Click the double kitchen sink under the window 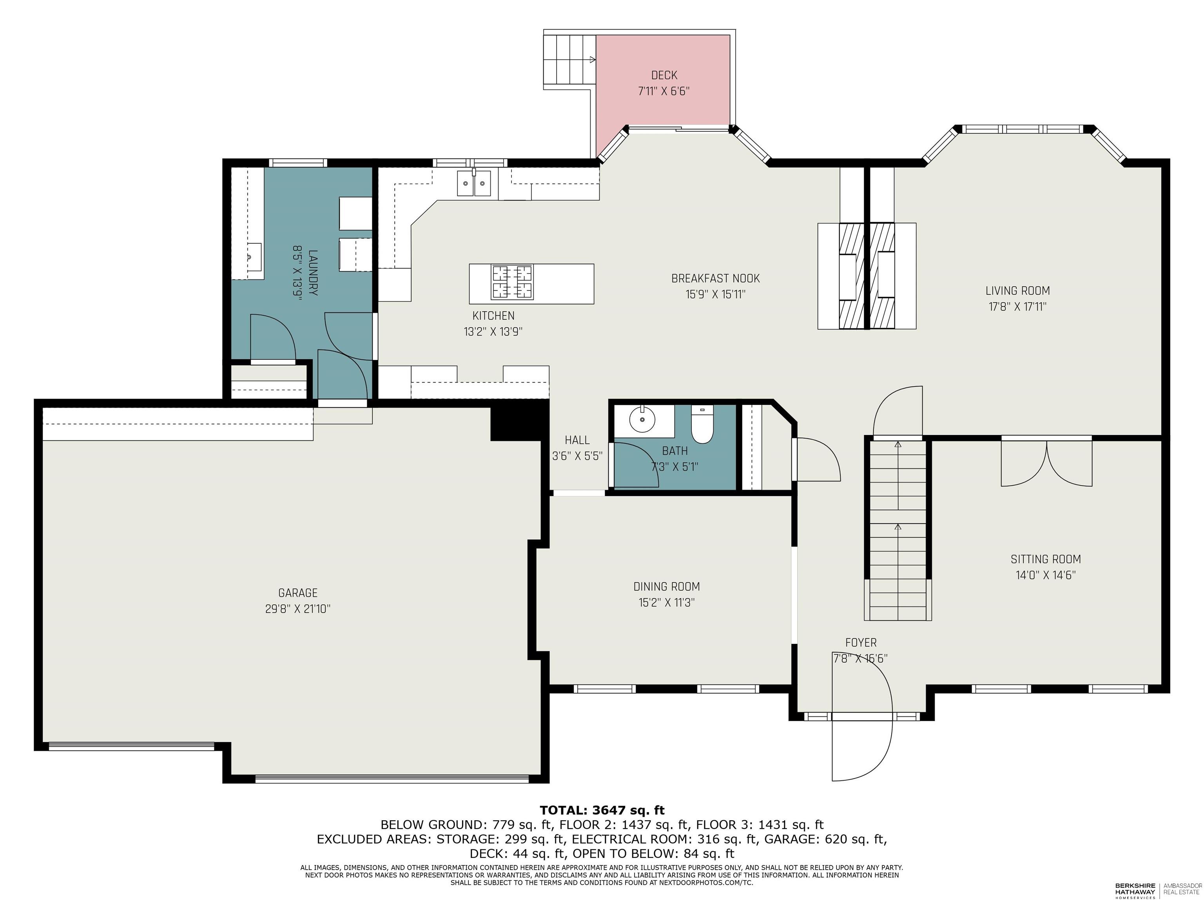(474, 183)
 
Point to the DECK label (664, 75)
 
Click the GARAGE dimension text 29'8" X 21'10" (298, 609)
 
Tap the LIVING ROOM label (1017, 291)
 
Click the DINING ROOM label (666, 586)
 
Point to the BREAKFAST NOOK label (715, 278)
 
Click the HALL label (577, 440)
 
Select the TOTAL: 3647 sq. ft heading (602, 811)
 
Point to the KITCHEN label (493, 316)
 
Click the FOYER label (861, 642)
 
